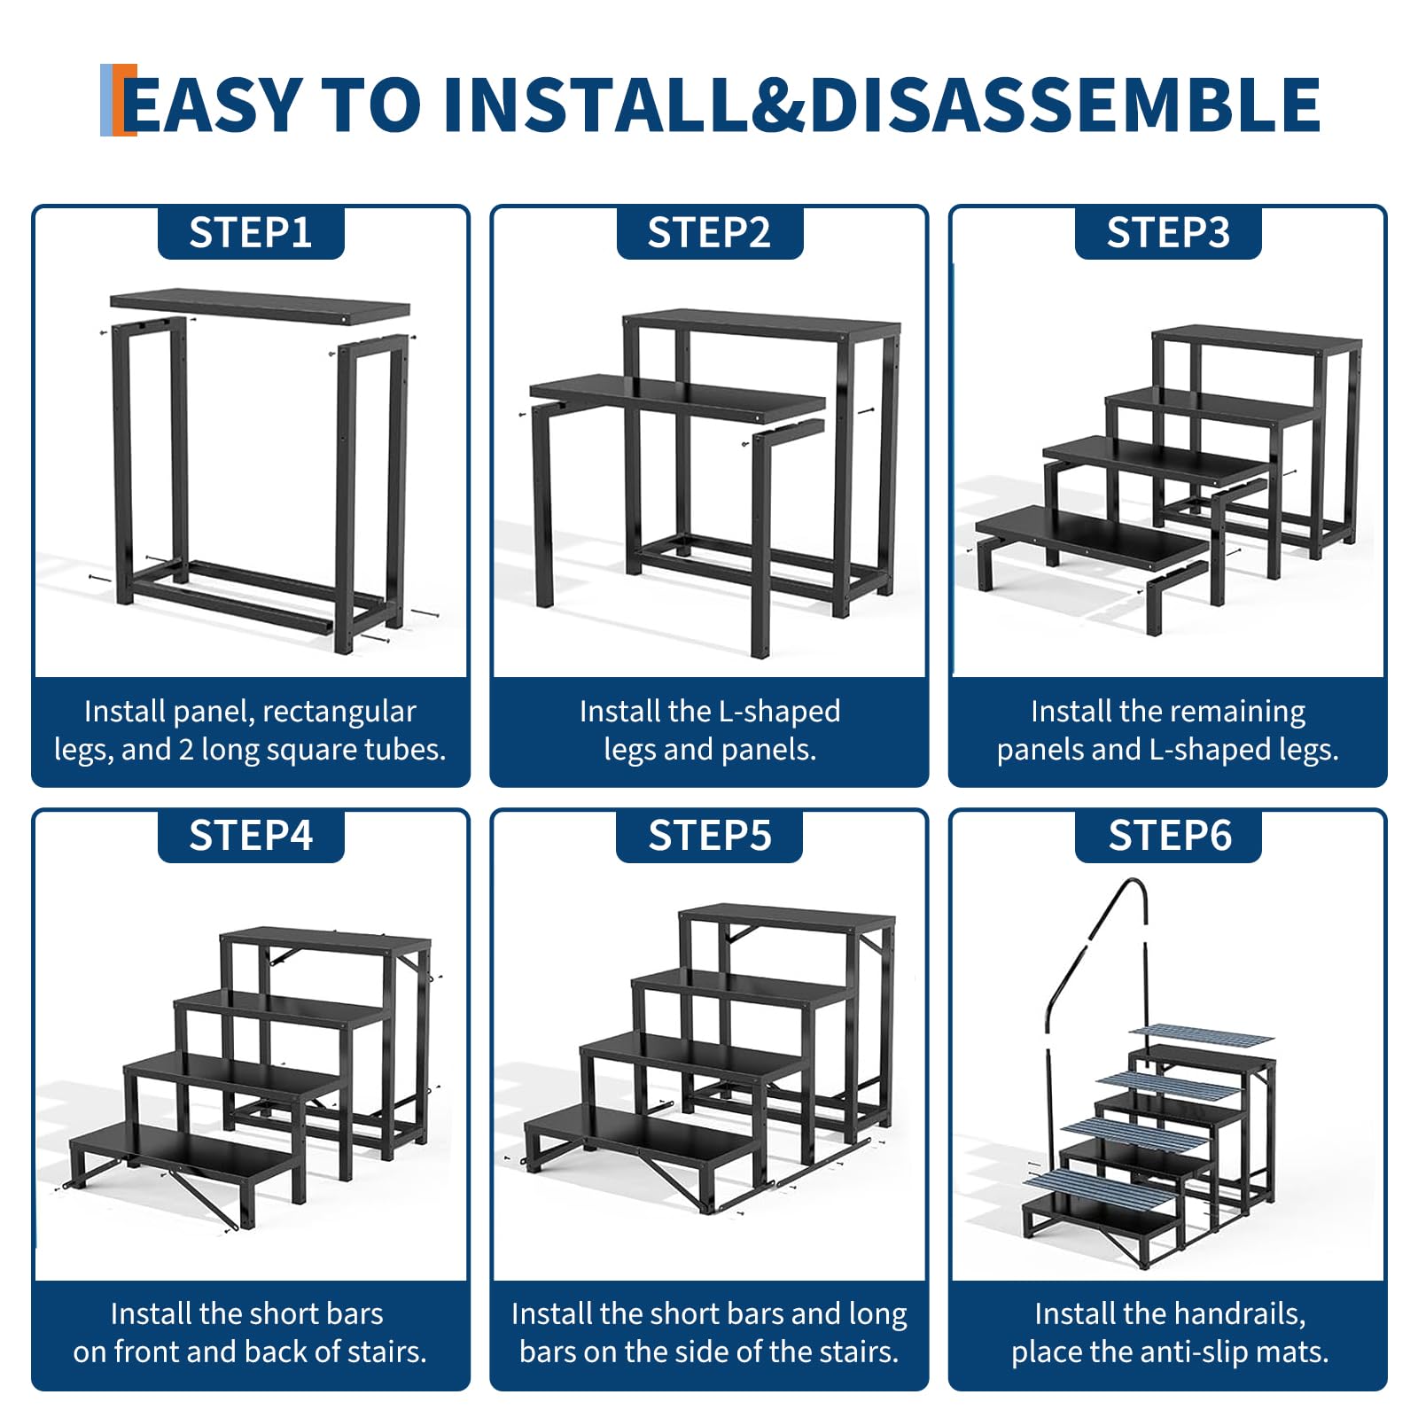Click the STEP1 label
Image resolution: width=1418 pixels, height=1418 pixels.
point(251,233)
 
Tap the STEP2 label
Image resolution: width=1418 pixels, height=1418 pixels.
point(709,233)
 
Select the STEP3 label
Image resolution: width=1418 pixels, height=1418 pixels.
point(1168,233)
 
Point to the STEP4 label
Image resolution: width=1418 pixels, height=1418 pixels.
point(251,836)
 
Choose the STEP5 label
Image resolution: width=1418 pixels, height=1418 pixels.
point(709,836)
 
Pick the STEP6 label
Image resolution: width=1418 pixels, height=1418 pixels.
point(1169,836)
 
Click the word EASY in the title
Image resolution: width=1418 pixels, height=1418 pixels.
point(213,105)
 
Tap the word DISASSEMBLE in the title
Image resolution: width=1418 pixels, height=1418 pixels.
point(1064,105)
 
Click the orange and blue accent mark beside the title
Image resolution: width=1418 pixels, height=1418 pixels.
point(118,100)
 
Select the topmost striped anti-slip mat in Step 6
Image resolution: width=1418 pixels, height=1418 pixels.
point(1201,1035)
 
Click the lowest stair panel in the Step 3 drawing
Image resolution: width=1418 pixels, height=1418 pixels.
point(1092,537)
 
